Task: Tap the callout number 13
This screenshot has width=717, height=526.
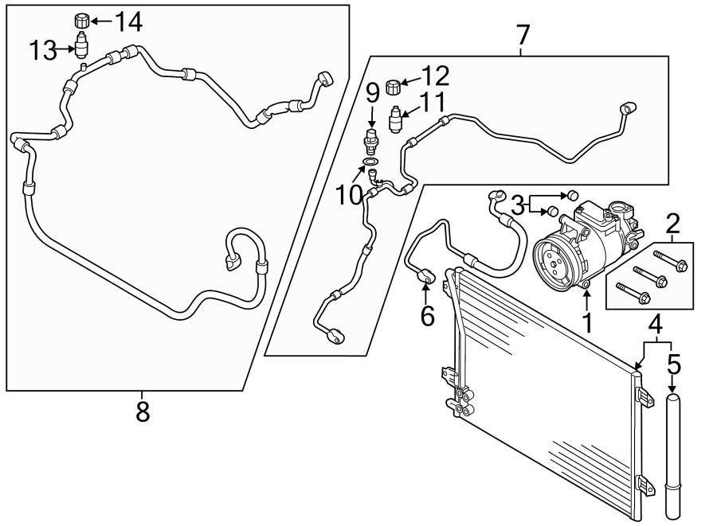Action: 44,52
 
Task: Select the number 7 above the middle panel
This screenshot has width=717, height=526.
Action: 522,35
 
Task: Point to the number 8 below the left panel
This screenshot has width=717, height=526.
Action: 143,412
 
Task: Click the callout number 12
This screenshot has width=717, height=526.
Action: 434,76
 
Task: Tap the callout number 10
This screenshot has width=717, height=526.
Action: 349,195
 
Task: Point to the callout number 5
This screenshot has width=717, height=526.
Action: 674,365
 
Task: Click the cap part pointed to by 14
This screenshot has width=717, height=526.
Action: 80,20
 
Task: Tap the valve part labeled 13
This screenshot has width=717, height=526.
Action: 81,45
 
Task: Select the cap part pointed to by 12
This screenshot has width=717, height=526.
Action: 392,86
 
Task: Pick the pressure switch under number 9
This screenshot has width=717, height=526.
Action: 370,142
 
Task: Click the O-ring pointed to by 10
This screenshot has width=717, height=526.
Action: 370,163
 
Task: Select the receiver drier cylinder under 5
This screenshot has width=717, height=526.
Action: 674,450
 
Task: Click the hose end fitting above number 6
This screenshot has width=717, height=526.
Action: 426,275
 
